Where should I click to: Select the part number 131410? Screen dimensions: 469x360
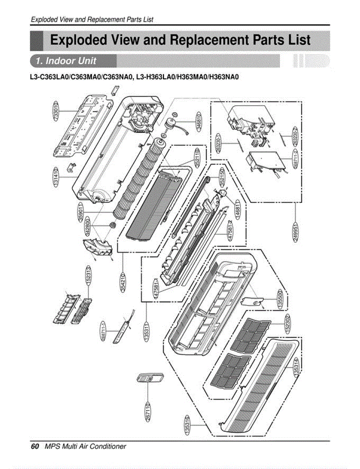click(57, 178)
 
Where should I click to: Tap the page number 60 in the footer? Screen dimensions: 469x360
click(35, 446)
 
